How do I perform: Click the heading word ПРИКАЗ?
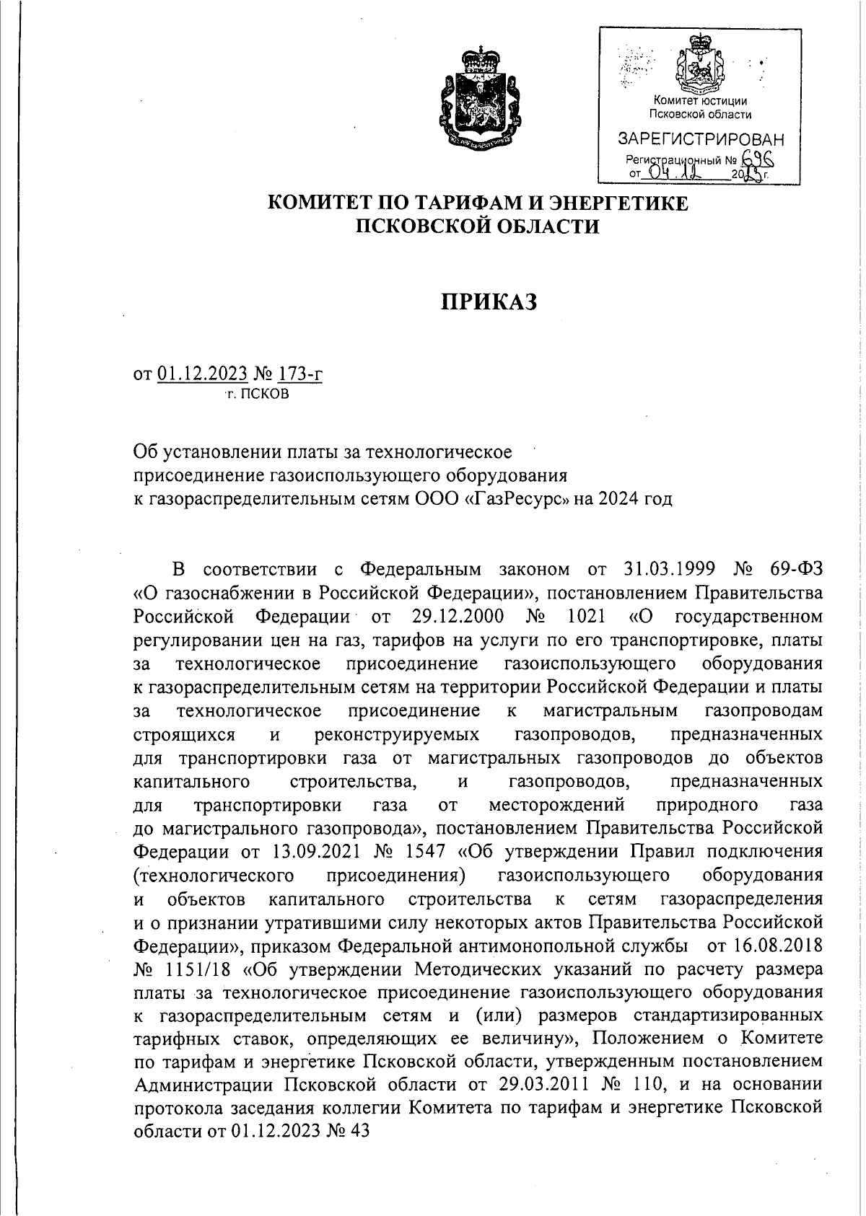[489, 303]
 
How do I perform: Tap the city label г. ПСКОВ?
[257, 395]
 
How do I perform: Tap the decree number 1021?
[590, 617]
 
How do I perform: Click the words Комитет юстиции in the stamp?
[699, 102]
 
